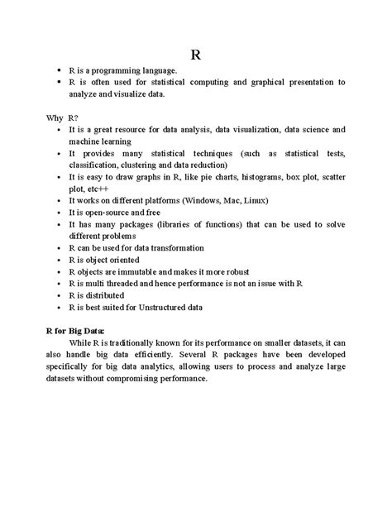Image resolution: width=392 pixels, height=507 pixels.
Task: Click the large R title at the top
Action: [195, 56]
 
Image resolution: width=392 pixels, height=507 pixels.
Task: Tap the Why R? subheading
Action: [61, 118]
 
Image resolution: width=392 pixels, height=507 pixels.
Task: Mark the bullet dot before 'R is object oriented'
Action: [56, 260]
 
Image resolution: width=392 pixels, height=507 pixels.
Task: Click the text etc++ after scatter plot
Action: [98, 189]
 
